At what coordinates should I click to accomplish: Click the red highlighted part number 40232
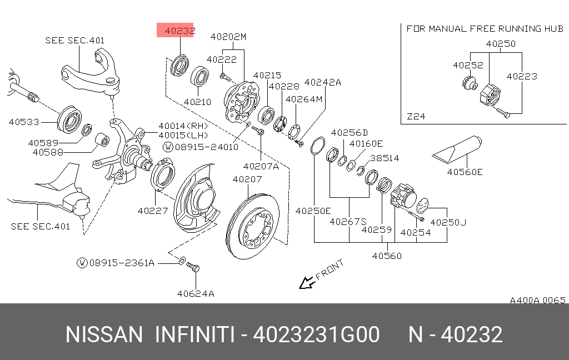176,31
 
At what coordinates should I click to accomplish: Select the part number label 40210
197,102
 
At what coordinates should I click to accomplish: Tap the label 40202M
228,37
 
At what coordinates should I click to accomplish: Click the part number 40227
152,211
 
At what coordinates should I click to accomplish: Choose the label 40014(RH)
183,126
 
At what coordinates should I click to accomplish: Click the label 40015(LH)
183,135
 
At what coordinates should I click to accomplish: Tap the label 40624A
196,293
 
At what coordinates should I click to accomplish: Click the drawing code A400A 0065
537,300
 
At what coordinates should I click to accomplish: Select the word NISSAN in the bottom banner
104,335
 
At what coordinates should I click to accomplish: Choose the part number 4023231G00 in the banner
316,335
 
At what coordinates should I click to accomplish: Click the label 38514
385,158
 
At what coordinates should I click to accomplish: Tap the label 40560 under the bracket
387,256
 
